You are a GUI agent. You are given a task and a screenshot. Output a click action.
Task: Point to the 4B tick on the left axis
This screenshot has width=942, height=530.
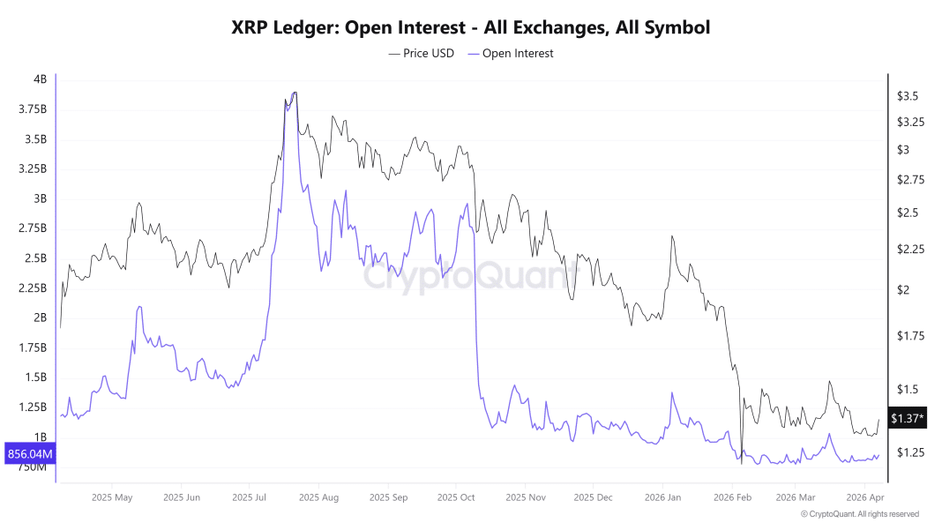tap(40, 79)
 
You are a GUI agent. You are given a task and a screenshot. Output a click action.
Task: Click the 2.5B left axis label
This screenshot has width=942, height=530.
tap(34, 258)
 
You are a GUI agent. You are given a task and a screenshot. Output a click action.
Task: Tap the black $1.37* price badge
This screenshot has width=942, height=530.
tap(908, 418)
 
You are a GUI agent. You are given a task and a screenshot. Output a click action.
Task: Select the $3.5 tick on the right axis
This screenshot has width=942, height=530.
tap(908, 95)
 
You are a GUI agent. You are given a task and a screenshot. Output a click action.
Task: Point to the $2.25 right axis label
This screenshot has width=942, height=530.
tap(911, 250)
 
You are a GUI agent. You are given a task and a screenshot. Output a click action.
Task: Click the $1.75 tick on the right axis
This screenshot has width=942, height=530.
tap(911, 336)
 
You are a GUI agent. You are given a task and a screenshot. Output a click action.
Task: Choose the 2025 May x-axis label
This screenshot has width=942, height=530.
tap(111, 497)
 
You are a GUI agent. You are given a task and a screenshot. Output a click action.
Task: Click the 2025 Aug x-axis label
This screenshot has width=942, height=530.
tap(318, 497)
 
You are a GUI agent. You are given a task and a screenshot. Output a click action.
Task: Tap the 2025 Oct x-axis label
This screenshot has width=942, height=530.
tap(455, 497)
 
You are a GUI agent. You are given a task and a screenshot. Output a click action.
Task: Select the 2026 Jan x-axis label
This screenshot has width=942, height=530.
tap(662, 497)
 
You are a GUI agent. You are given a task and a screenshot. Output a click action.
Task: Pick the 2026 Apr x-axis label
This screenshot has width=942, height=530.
tap(864, 497)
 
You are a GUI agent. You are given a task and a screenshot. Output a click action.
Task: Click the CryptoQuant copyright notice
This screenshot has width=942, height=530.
tap(859, 514)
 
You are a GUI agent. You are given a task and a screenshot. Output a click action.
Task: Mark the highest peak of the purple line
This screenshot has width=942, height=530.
tap(293, 92)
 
